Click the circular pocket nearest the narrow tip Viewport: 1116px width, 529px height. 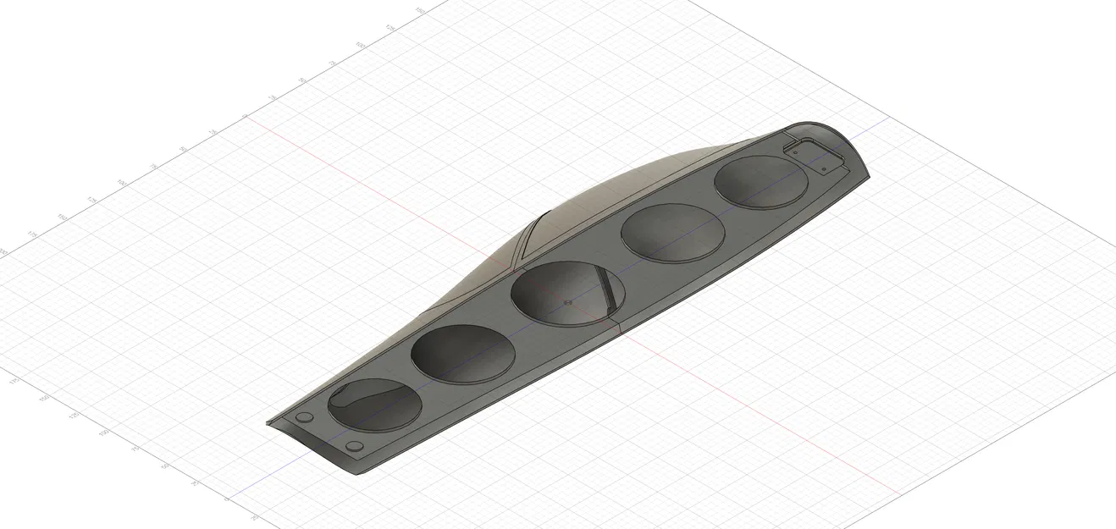pos(373,404)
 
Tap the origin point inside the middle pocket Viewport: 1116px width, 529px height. pos(567,300)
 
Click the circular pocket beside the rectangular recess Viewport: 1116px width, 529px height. pos(760,181)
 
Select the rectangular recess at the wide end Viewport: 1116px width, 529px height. pos(815,156)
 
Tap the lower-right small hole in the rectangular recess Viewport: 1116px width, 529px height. pos(824,169)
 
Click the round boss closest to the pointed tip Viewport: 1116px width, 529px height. pos(302,418)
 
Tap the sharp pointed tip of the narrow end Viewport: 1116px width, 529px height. pos(268,423)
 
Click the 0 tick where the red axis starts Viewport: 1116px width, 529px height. pos(245,116)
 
